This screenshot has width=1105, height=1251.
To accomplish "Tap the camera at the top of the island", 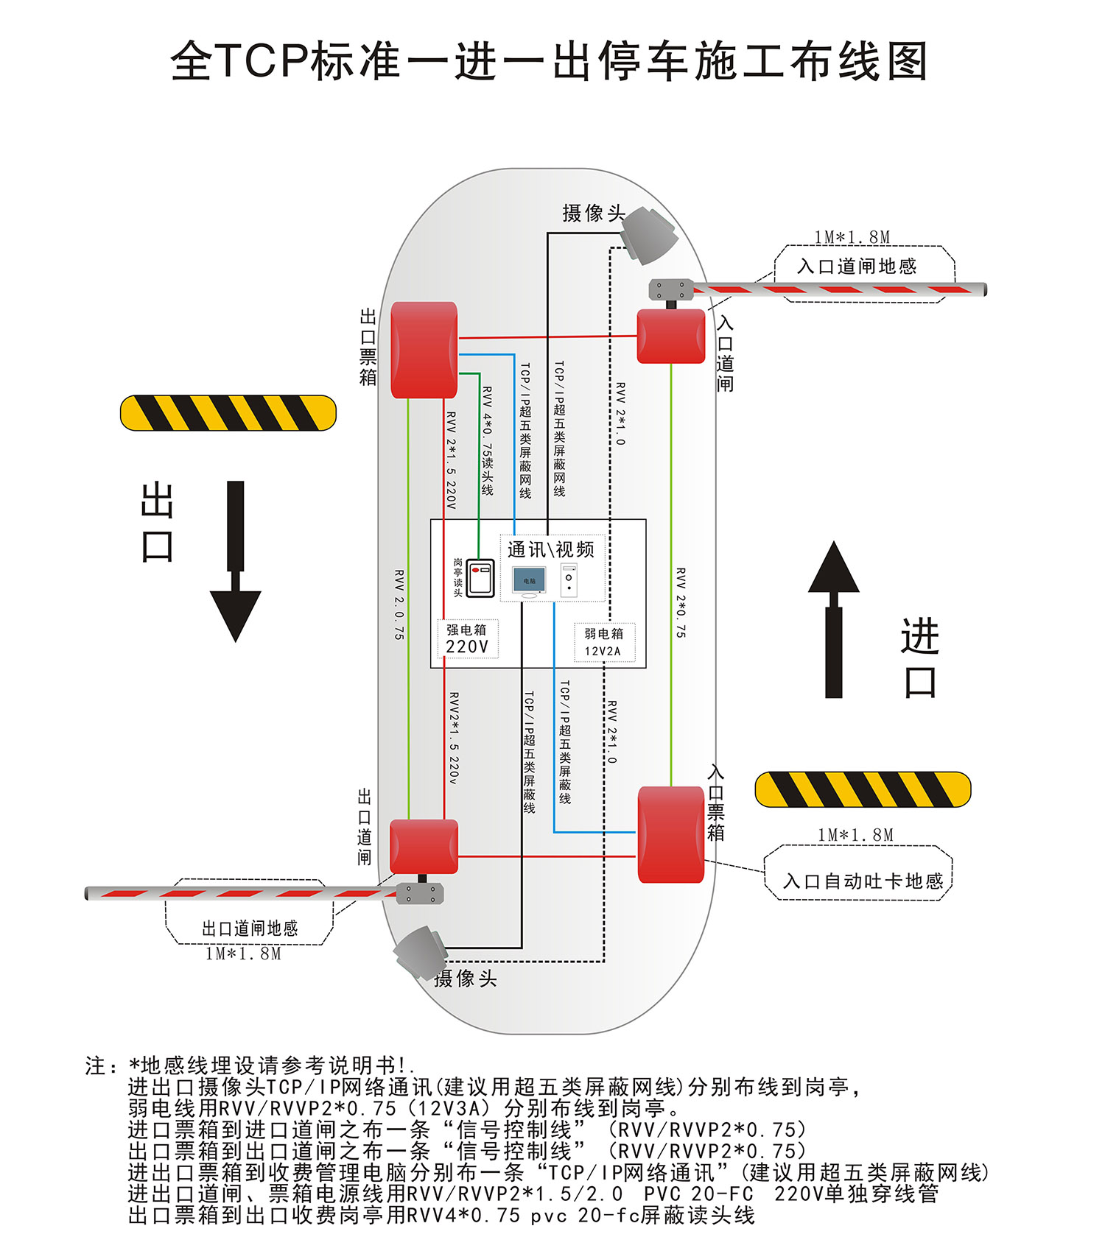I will point(649,235).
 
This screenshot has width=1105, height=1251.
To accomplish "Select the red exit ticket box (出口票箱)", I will point(424,350).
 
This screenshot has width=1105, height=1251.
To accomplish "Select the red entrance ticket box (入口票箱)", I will point(670,834).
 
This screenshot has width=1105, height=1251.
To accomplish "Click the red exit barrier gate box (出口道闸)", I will point(424,847).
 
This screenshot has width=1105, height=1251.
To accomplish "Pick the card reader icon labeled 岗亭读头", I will point(481,577).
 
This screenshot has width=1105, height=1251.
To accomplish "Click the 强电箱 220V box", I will point(467,638).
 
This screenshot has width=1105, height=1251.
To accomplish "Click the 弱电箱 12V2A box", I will point(603,642).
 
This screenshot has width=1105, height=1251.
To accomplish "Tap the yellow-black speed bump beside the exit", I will point(228,413).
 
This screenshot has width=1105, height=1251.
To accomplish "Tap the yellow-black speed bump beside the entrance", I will point(863,789).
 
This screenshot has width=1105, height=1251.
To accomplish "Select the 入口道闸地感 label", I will point(857,266).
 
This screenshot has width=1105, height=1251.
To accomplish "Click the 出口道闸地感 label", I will point(250,928).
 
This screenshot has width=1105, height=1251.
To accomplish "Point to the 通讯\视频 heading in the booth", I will point(550,549).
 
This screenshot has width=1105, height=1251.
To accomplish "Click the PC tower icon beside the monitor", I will point(569,580).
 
